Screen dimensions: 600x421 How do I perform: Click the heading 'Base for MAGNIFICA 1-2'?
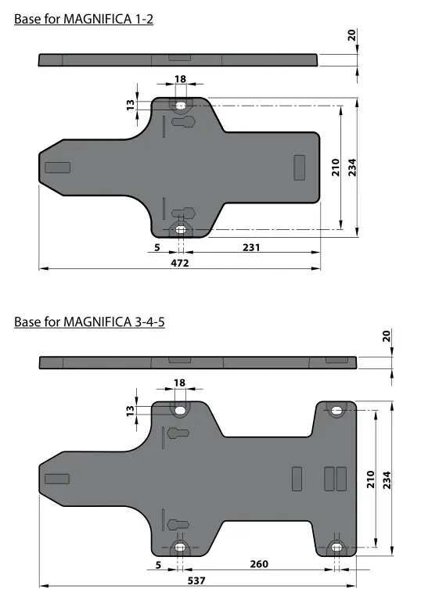tap(84, 19)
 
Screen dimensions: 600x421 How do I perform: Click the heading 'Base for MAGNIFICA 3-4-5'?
tap(90, 321)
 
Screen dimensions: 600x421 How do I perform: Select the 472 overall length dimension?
tap(180, 263)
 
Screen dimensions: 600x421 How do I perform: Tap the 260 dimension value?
tap(259, 564)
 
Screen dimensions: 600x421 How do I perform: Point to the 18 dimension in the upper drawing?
tap(180, 79)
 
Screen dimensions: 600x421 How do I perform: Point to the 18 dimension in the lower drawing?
tap(180, 383)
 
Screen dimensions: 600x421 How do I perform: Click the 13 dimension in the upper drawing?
tap(131, 104)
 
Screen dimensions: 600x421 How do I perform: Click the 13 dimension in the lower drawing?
tap(131, 409)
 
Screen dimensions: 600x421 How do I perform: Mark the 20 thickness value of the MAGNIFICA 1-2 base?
tap(351, 34)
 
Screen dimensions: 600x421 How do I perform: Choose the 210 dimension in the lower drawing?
tap(370, 478)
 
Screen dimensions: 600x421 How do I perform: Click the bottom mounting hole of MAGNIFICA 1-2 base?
tap(181, 229)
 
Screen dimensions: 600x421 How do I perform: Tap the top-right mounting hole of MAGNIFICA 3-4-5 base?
tap(336, 410)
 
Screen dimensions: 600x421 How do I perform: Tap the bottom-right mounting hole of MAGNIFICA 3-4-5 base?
tap(336, 546)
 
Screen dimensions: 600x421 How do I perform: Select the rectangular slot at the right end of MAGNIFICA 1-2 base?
tap(299, 167)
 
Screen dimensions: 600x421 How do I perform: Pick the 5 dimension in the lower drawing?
tap(158, 564)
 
